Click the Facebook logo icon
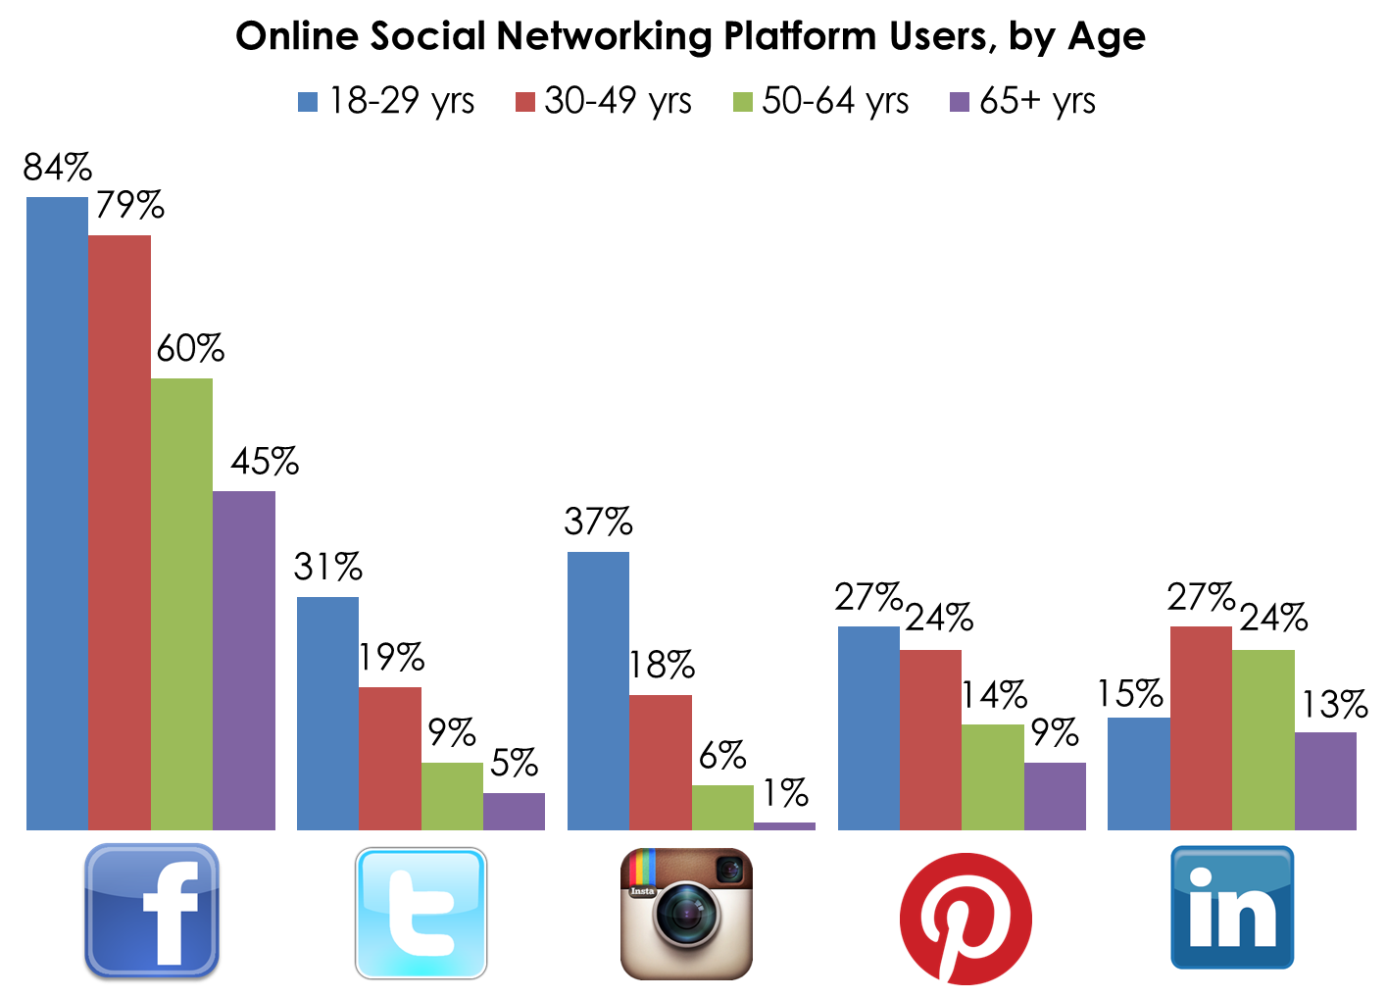click(x=152, y=911)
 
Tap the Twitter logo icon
click(x=421, y=913)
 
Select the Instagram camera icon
click(x=686, y=914)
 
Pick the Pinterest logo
click(x=966, y=919)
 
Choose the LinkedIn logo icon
click(x=1232, y=908)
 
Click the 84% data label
click(x=58, y=169)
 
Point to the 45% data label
click(x=265, y=462)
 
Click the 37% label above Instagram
click(x=598, y=523)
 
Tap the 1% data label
click(x=785, y=793)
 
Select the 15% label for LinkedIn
click(x=1130, y=695)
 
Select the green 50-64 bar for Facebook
click(x=181, y=604)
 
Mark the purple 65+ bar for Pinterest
click(x=1055, y=796)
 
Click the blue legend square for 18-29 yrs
click(x=308, y=102)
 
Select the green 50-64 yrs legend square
click(x=743, y=102)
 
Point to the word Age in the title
click(x=1107, y=38)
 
